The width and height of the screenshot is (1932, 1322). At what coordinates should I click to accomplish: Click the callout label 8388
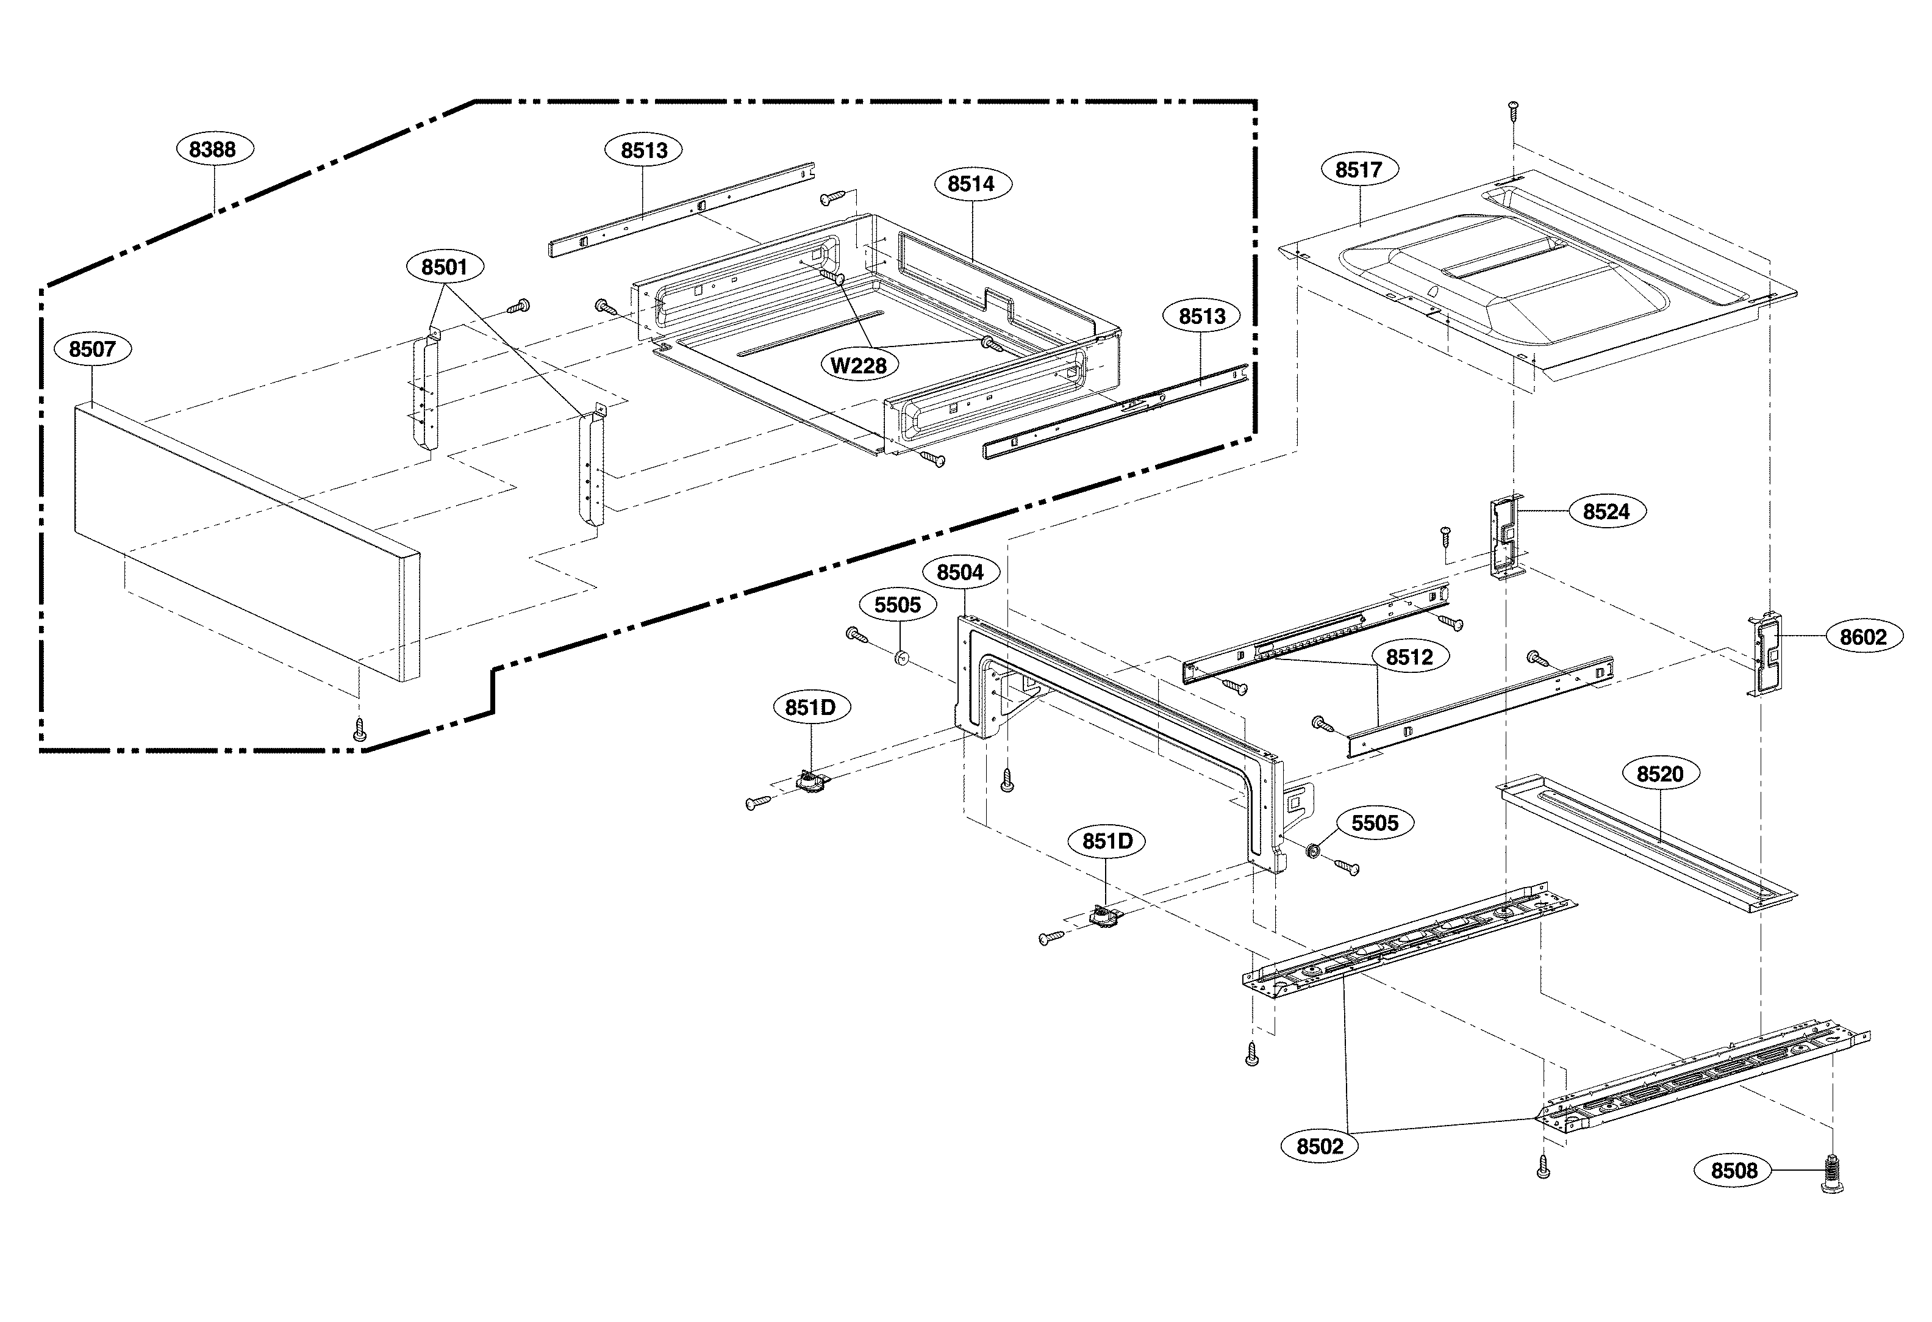pos(213,149)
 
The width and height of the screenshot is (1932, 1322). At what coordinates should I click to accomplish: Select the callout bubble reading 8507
pos(92,349)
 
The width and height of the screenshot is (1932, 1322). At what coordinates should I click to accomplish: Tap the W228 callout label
pos(859,365)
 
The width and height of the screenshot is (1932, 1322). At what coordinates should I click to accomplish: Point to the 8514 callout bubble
pos(971,184)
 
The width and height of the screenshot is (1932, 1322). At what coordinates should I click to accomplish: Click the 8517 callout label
pos(1358,170)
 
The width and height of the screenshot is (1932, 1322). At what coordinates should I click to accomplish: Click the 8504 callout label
pos(960,573)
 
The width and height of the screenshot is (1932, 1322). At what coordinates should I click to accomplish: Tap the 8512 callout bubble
pos(1409,658)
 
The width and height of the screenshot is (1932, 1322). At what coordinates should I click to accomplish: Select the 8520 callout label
pos(1659,775)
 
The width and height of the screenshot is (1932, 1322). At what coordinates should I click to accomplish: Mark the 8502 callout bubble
pos(1319,1146)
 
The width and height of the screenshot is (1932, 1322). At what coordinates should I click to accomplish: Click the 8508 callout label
pos(1733,1171)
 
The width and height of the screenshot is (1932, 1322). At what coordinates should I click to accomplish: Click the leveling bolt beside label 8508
pos(1831,1173)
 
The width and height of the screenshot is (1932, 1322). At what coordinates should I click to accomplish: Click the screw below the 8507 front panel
pos(359,729)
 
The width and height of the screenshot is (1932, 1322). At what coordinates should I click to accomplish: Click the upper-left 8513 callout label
pos(643,151)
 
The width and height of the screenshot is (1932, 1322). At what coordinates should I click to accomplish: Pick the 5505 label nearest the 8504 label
pos(897,605)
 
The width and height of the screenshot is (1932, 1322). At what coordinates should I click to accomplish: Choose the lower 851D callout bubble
pos(1106,841)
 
